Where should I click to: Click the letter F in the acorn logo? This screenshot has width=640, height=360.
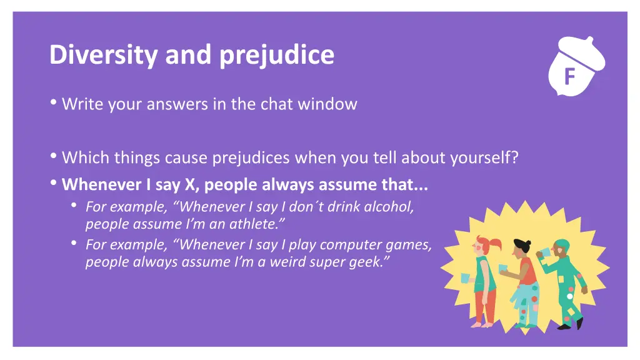point(569,77)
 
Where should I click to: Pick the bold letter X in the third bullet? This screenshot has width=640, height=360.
point(189,185)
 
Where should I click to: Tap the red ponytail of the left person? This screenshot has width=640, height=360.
point(496,244)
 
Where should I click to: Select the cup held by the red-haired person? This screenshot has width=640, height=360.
point(464,277)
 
